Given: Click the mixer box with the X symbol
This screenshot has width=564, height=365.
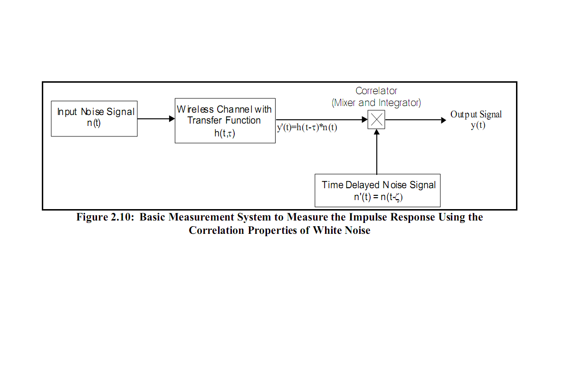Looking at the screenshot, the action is [376, 119].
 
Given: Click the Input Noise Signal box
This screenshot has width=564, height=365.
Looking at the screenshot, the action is [94, 119].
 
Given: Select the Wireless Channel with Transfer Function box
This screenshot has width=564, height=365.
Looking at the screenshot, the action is [225, 121].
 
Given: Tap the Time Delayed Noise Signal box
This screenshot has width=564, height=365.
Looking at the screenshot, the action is [377, 191].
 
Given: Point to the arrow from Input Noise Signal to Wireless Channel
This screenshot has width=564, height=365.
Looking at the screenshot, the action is [156, 119].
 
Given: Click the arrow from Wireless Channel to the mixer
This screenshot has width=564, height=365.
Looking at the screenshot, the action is [322, 119].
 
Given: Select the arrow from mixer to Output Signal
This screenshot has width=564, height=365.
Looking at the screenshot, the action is [415, 120].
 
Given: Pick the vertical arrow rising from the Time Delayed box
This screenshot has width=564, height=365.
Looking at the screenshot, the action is [377, 152].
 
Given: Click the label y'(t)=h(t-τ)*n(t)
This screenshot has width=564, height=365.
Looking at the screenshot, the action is [307, 127].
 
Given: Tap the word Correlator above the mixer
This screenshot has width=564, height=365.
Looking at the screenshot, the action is [376, 91].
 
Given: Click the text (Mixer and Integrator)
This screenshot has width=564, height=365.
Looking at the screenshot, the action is [376, 103].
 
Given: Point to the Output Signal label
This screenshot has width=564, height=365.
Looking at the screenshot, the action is [476, 115].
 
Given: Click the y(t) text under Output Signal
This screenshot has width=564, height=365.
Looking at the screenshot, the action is [478, 125].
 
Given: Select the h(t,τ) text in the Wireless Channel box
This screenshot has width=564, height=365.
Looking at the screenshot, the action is [225, 134].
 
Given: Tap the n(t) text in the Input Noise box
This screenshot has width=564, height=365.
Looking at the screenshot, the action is [94, 123].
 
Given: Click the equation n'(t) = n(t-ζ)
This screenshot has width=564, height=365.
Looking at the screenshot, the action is [378, 197].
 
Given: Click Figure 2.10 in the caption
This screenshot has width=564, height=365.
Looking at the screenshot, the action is [105, 217].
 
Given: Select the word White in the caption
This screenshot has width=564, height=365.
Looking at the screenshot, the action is [327, 230].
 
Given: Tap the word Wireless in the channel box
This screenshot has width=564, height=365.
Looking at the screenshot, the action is [195, 109].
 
